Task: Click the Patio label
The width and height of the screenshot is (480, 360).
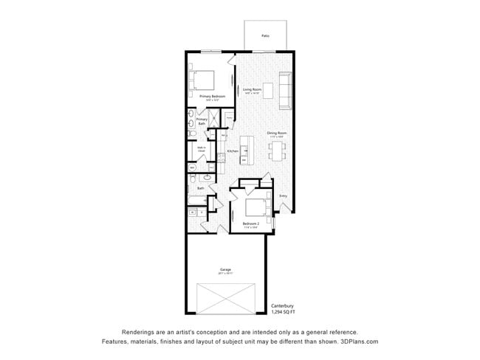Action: (265, 35)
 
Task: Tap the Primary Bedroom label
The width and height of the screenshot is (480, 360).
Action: (212, 96)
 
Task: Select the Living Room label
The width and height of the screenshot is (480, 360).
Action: (252, 90)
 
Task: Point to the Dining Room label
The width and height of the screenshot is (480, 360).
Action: (276, 134)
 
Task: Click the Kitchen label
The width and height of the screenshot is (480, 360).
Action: (233, 150)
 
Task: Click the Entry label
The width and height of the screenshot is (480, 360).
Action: (283, 195)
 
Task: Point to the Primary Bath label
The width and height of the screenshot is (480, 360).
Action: (201, 122)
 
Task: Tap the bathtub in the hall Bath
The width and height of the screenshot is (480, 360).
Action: (199, 200)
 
